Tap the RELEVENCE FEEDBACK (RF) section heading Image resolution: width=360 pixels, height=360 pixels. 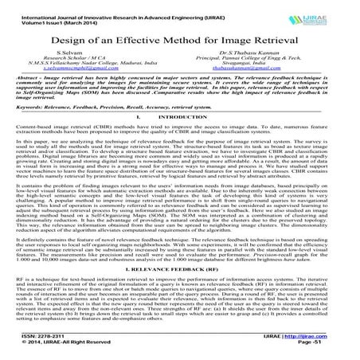(x=180, y=272)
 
